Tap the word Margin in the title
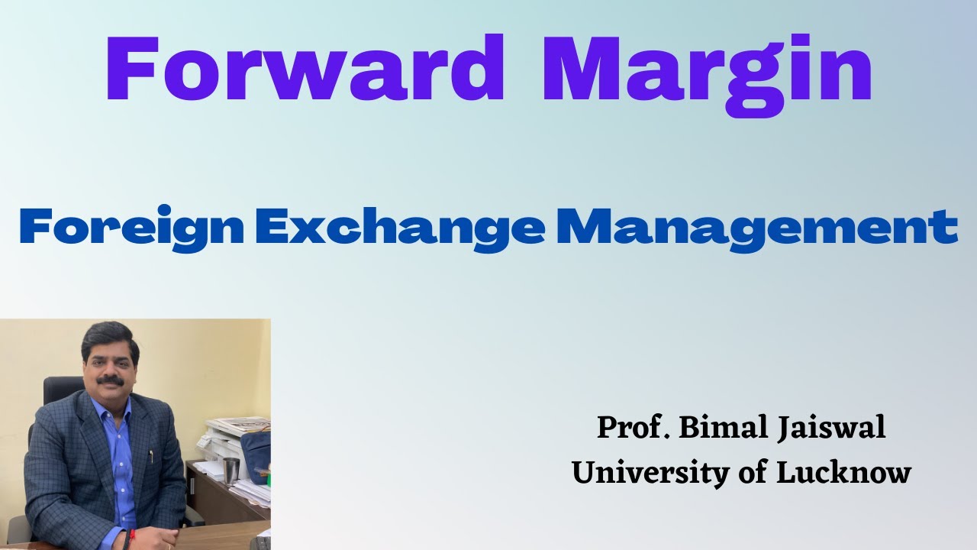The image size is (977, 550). tap(707, 73)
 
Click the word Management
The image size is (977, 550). tap(756, 228)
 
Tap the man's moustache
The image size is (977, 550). tap(111, 379)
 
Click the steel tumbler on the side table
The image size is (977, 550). tap(231, 471)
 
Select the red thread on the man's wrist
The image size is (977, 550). tap(124, 538)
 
